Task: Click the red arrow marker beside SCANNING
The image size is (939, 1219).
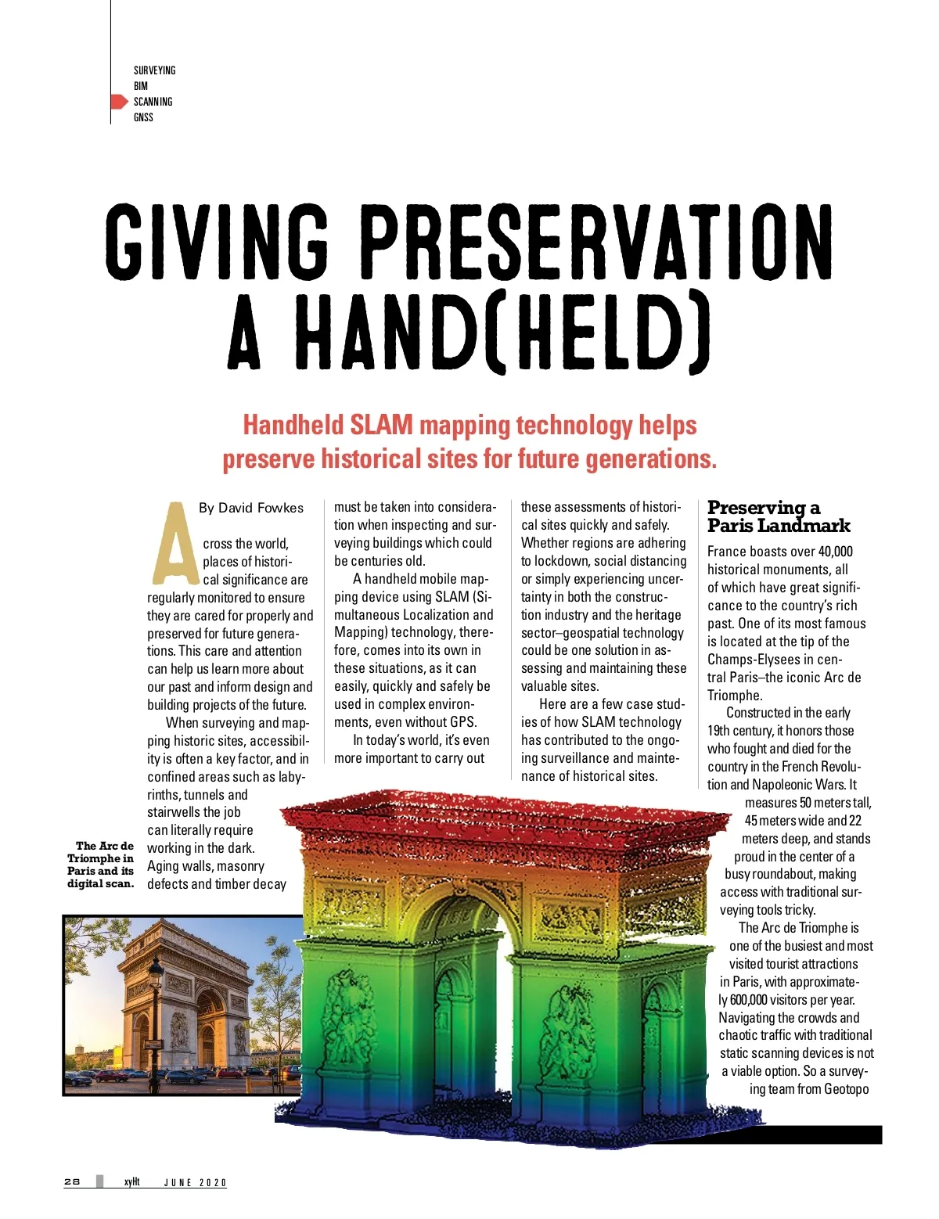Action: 118,102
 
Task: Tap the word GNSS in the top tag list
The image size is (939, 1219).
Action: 143,117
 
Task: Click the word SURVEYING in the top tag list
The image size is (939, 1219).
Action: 154,70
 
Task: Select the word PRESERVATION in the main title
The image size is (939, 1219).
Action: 600,242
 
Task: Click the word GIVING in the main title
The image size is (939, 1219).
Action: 217,242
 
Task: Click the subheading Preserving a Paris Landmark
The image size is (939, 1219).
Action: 778,516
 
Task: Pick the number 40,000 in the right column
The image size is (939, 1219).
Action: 835,552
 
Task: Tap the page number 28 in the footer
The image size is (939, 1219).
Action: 72,1181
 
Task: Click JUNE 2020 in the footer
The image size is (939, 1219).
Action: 195,1182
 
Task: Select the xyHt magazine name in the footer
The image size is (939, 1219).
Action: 131,1181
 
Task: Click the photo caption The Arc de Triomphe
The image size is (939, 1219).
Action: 101,865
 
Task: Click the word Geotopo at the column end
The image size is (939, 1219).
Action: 846,1089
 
